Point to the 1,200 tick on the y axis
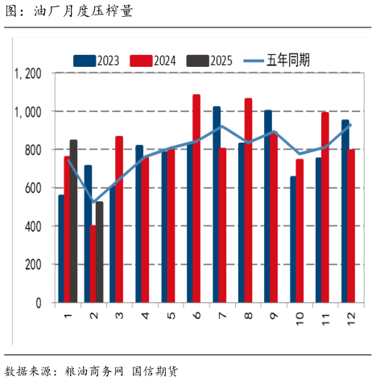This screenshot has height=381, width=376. click(27, 73)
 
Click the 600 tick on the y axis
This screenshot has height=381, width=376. click(32, 188)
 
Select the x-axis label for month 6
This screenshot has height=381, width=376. click(196, 317)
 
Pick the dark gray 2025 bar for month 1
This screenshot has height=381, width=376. click(74, 222)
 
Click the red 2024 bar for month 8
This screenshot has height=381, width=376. click(248, 201)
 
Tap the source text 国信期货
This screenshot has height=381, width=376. click(155, 371)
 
